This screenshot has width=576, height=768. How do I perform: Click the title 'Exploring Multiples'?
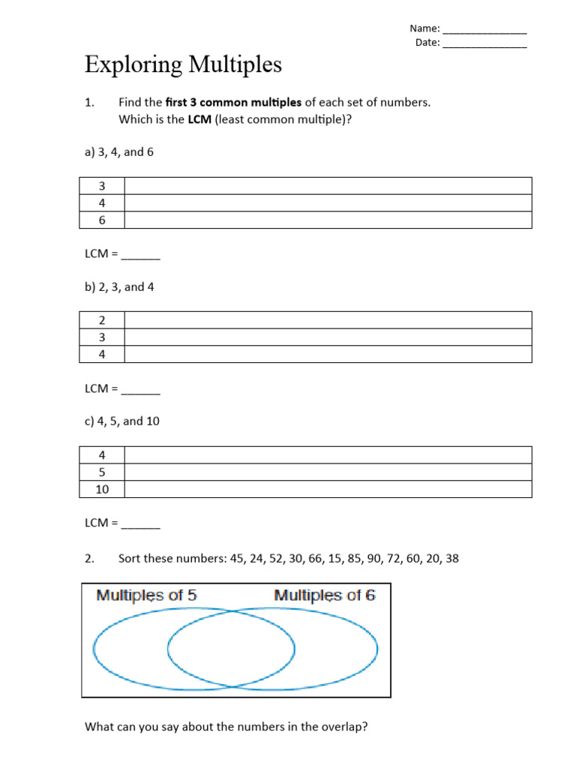[183, 65]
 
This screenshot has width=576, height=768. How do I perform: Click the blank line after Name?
[484, 30]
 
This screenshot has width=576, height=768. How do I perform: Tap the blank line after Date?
[484, 43]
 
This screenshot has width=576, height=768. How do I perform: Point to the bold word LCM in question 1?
[199, 119]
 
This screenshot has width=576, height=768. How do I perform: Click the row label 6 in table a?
[102, 220]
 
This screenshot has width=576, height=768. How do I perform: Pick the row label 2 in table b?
[102, 320]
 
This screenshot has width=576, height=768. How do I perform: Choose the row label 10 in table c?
[102, 489]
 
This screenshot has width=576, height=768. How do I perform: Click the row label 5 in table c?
[102, 472]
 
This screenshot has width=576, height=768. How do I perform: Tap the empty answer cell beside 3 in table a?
[328, 186]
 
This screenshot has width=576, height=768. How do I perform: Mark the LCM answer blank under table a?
[141, 255]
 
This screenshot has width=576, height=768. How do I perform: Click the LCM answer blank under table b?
[141, 389]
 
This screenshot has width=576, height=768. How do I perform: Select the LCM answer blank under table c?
[141, 523]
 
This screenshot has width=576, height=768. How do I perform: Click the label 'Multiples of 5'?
[146, 595]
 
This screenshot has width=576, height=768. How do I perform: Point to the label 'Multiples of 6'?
[325, 595]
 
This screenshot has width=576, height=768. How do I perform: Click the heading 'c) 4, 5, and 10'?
[122, 421]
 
